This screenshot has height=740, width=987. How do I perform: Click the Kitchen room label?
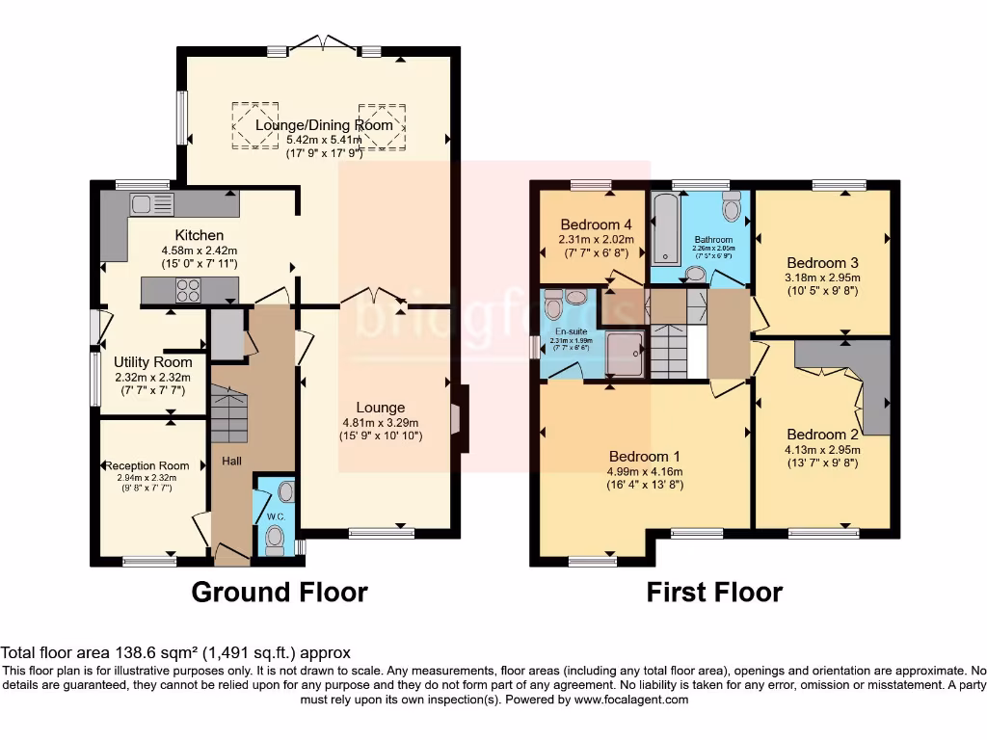pyautogui.click(x=200, y=235)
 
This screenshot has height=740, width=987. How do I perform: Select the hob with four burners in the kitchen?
pyautogui.click(x=188, y=290)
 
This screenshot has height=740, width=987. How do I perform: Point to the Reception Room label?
pyautogui.click(x=147, y=465)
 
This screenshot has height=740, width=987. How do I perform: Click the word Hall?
pyautogui.click(x=232, y=462)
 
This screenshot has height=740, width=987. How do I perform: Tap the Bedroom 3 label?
pyautogui.click(x=822, y=262)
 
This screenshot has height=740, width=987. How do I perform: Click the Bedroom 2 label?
pyautogui.click(x=822, y=434)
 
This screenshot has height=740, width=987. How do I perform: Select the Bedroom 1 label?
pyautogui.click(x=644, y=456)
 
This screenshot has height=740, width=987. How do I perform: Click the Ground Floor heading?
pyautogui.click(x=280, y=591)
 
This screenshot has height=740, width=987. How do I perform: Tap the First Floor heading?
pyautogui.click(x=714, y=591)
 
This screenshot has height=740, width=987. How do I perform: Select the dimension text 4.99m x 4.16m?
pyautogui.click(x=644, y=471)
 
